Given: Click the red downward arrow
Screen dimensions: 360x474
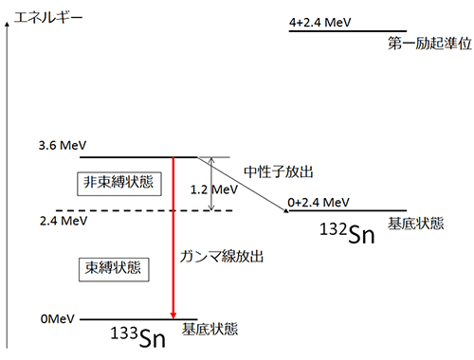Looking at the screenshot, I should tap(173, 237).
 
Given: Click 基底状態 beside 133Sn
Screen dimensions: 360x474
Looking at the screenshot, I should tap(211, 330).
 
